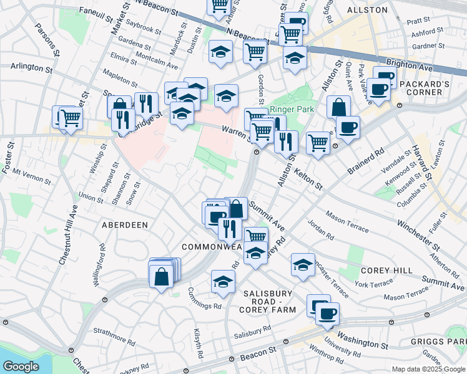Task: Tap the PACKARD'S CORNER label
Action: click(x=423, y=88)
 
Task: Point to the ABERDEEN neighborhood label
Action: click(x=122, y=224)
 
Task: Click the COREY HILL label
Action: click(x=386, y=271)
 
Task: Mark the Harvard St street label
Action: click(x=423, y=162)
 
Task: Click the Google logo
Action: click(x=21, y=367)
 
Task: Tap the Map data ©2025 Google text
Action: click(x=428, y=369)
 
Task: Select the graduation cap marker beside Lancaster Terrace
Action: click(x=303, y=265)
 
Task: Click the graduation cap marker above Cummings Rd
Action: click(x=223, y=282)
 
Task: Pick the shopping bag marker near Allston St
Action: click(x=338, y=107)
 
